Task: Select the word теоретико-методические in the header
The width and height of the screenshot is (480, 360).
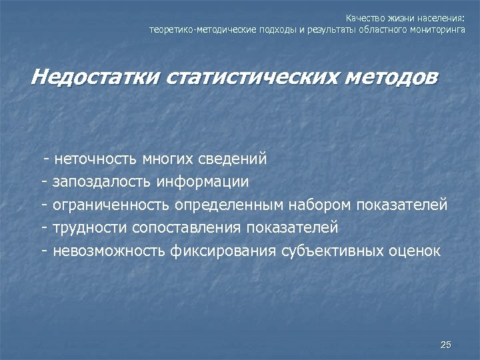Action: [191, 30]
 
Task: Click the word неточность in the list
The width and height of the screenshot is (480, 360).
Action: [96, 159]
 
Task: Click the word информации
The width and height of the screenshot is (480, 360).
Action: [204, 182]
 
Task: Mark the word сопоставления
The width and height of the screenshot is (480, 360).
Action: [188, 227]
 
